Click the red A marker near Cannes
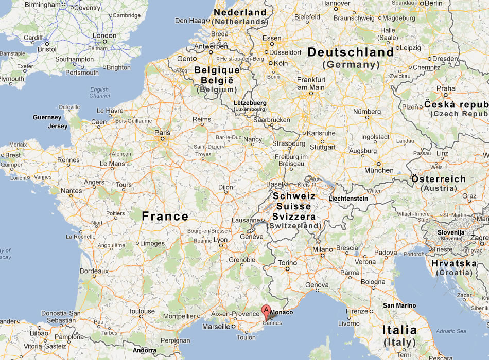pyautogui.click(x=266, y=310)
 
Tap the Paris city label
pyautogui.click(x=162, y=132)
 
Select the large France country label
pyautogui.click(x=165, y=217)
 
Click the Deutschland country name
pyautogui.click(x=351, y=52)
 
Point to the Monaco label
pyautogui.click(x=281, y=313)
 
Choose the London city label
pyautogui.click(x=104, y=35)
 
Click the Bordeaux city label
pyautogui.click(x=94, y=271)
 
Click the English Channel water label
pyautogui.click(x=99, y=93)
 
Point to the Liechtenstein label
pyautogui.click(x=348, y=199)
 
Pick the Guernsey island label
pyautogui.click(x=47, y=117)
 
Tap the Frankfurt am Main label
pyautogui.click(x=311, y=83)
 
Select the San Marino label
pyautogui.click(x=399, y=305)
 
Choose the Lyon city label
pyautogui.click(x=220, y=240)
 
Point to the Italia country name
pyautogui.click(x=399, y=330)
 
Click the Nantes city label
pyautogui.click(x=71, y=191)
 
